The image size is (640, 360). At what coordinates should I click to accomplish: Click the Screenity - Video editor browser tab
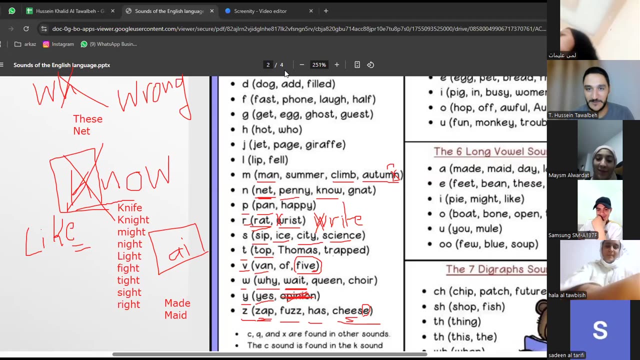260,11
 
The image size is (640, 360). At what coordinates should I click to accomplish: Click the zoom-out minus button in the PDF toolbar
301,64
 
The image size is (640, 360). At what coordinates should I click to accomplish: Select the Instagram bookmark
58,44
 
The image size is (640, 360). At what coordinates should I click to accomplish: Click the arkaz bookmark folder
25,44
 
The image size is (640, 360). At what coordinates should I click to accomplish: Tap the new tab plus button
326,11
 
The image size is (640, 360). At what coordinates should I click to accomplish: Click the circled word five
307,265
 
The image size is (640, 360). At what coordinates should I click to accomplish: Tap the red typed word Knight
133,220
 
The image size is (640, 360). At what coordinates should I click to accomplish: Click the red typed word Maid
175,315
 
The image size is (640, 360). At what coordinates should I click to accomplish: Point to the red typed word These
87,119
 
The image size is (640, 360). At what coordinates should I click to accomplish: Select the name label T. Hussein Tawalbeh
572,115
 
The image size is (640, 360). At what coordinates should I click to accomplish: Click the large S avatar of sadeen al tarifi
599,330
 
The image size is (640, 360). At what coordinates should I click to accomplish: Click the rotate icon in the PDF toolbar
370,64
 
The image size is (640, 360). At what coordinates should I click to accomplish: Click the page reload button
26,28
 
